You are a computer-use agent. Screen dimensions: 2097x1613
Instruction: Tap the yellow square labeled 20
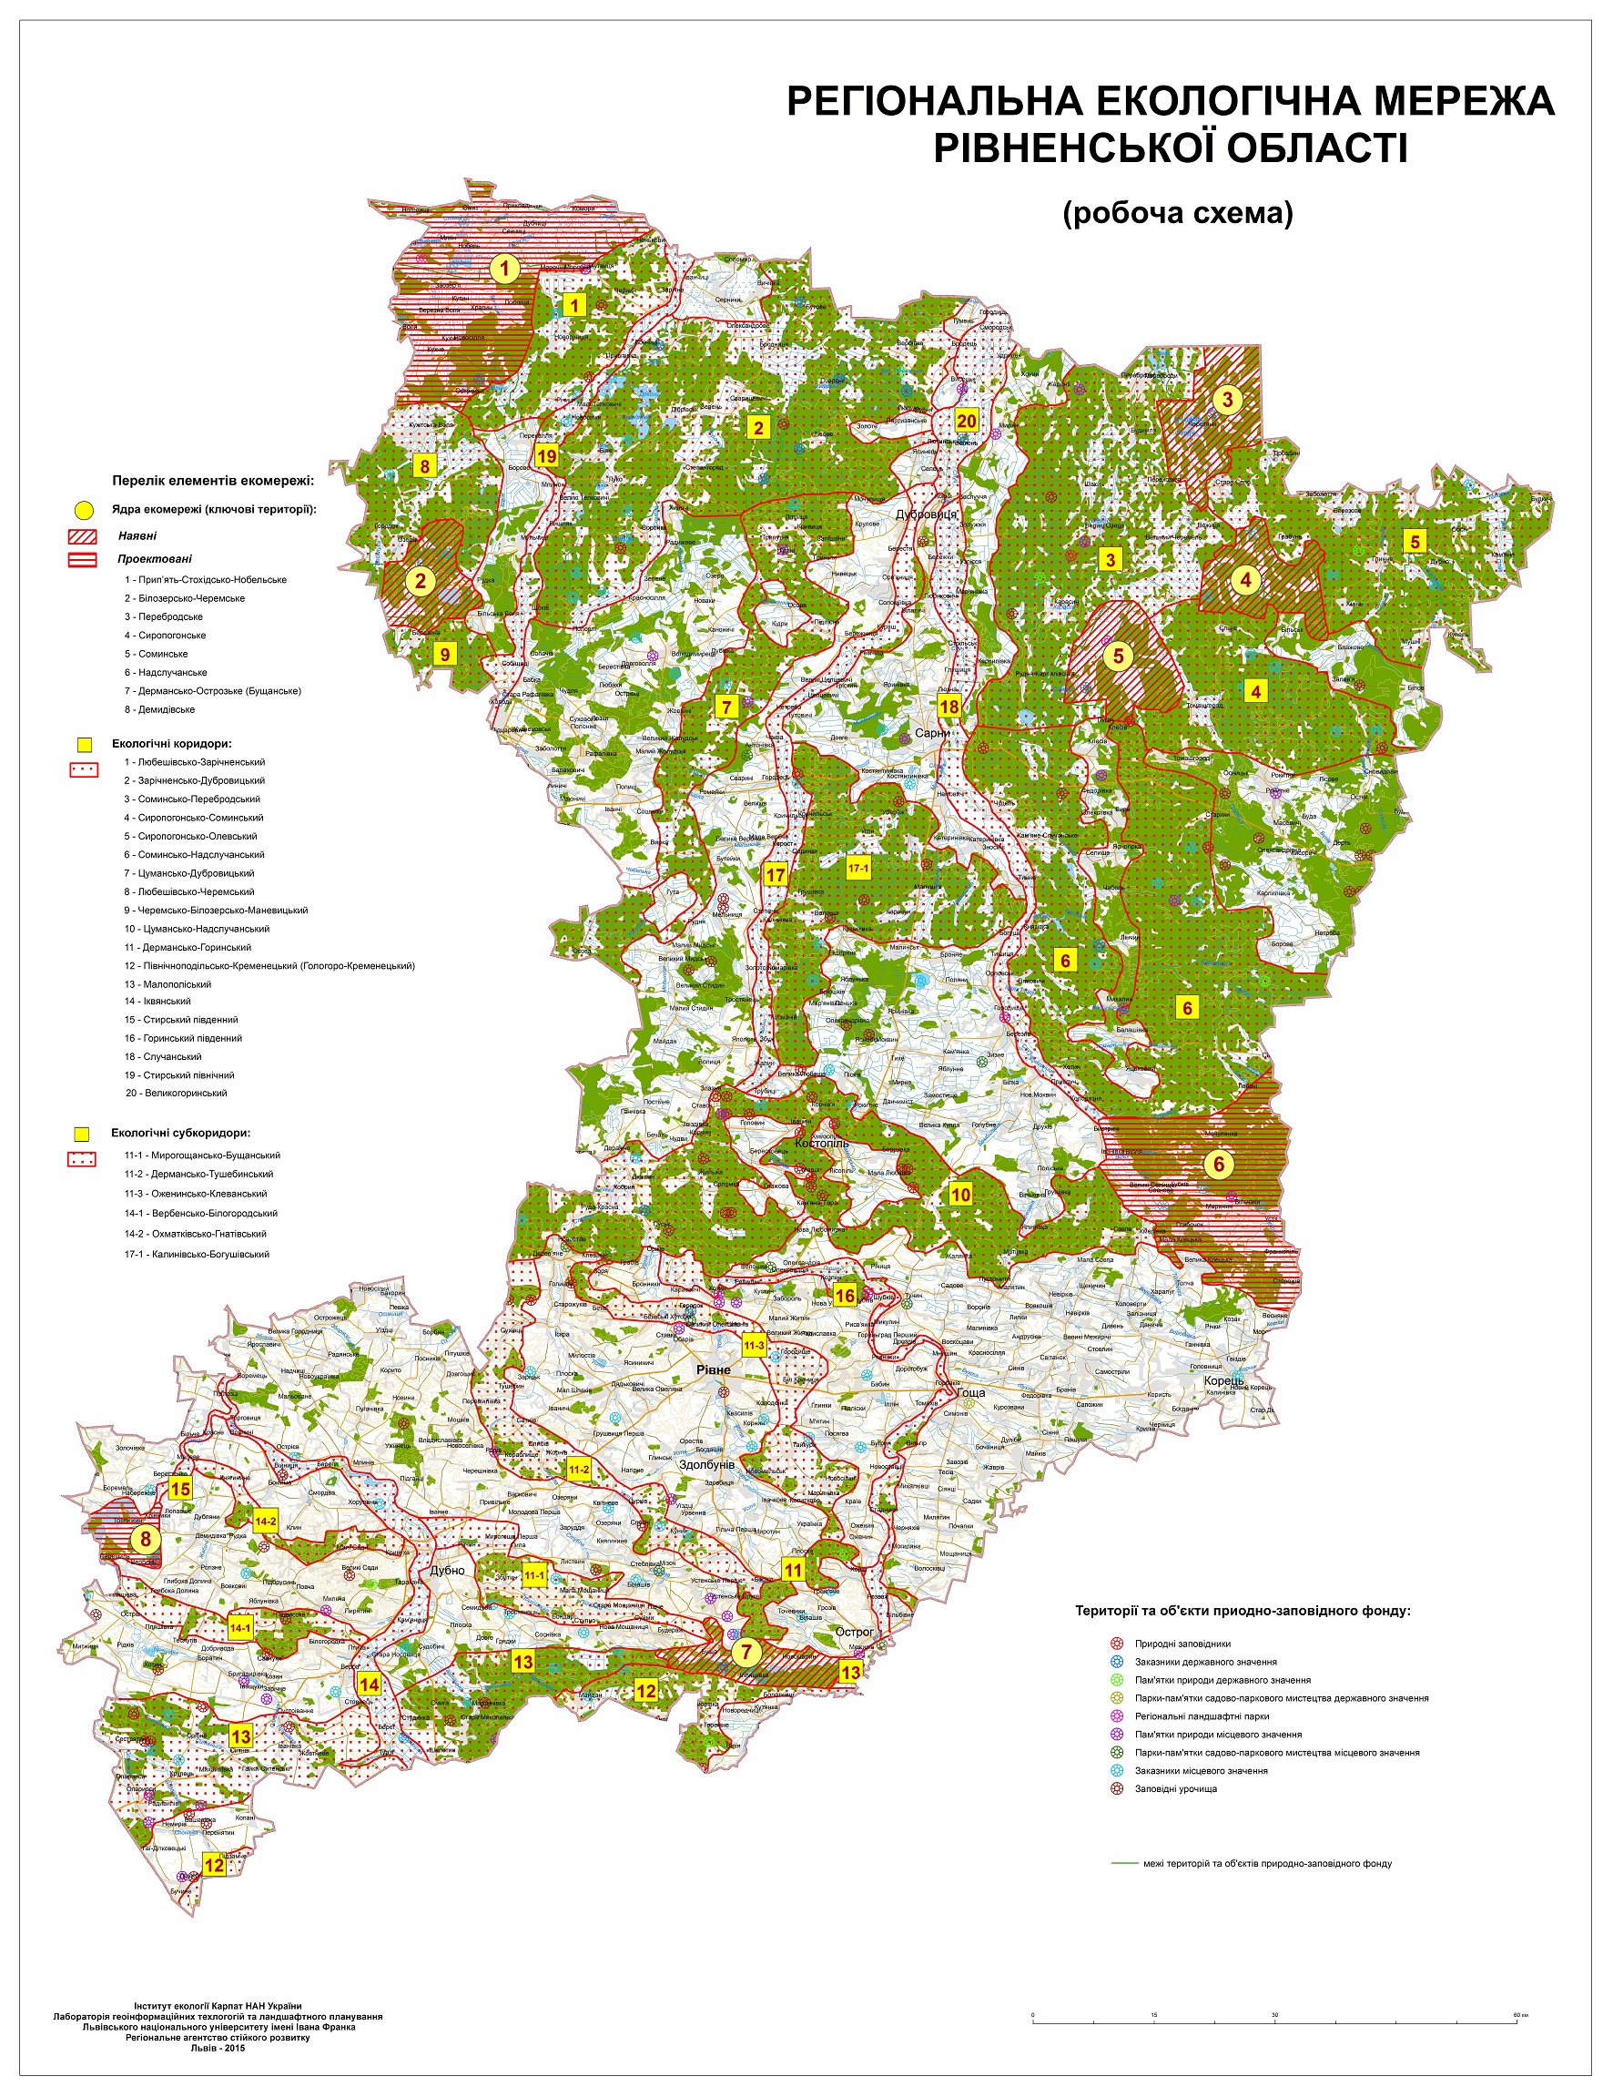point(966,421)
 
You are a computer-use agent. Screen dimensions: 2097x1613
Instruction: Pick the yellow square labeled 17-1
point(858,867)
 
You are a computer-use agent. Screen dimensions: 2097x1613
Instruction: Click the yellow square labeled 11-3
point(754,1345)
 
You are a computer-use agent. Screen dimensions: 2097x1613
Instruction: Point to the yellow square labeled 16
point(845,1296)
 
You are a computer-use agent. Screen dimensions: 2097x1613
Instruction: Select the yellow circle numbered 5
point(1118,655)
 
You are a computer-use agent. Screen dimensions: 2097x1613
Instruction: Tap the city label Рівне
point(714,1369)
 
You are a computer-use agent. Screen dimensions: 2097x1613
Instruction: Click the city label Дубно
point(448,1571)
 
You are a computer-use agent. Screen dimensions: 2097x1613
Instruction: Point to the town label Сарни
point(932,733)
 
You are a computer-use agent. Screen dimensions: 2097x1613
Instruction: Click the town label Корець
point(1225,1380)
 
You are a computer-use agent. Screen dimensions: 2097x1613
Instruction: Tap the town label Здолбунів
point(706,1464)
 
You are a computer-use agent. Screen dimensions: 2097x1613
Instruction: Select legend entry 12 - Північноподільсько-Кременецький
point(269,965)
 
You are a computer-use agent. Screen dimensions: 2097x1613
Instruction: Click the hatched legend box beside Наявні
point(84,536)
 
